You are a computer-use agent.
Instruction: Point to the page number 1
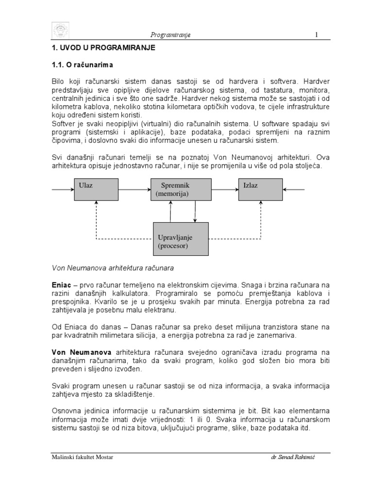click(316, 34)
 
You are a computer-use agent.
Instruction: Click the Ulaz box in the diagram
click(95, 189)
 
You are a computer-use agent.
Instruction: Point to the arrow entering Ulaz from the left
click(62, 189)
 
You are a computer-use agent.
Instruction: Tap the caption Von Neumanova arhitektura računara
click(113, 267)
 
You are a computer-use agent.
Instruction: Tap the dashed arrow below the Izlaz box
click(261, 219)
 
